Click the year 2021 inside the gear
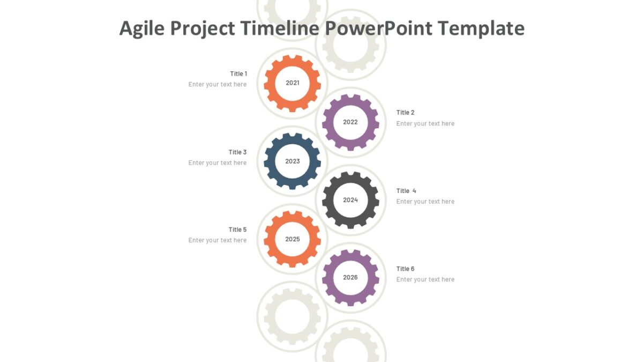(293, 83)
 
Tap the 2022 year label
(350, 122)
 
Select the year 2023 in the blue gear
(293, 161)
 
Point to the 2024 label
(350, 200)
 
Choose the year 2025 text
(293, 239)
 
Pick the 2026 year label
(350, 278)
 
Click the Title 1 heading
(238, 74)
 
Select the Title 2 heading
(406, 113)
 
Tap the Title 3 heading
(238, 152)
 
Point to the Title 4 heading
(406, 191)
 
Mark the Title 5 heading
(238, 230)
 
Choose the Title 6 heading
(406, 269)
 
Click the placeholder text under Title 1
(218, 85)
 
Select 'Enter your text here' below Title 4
(425, 202)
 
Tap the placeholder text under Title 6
(425, 279)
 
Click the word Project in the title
(203, 28)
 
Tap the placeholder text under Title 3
(218, 163)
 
